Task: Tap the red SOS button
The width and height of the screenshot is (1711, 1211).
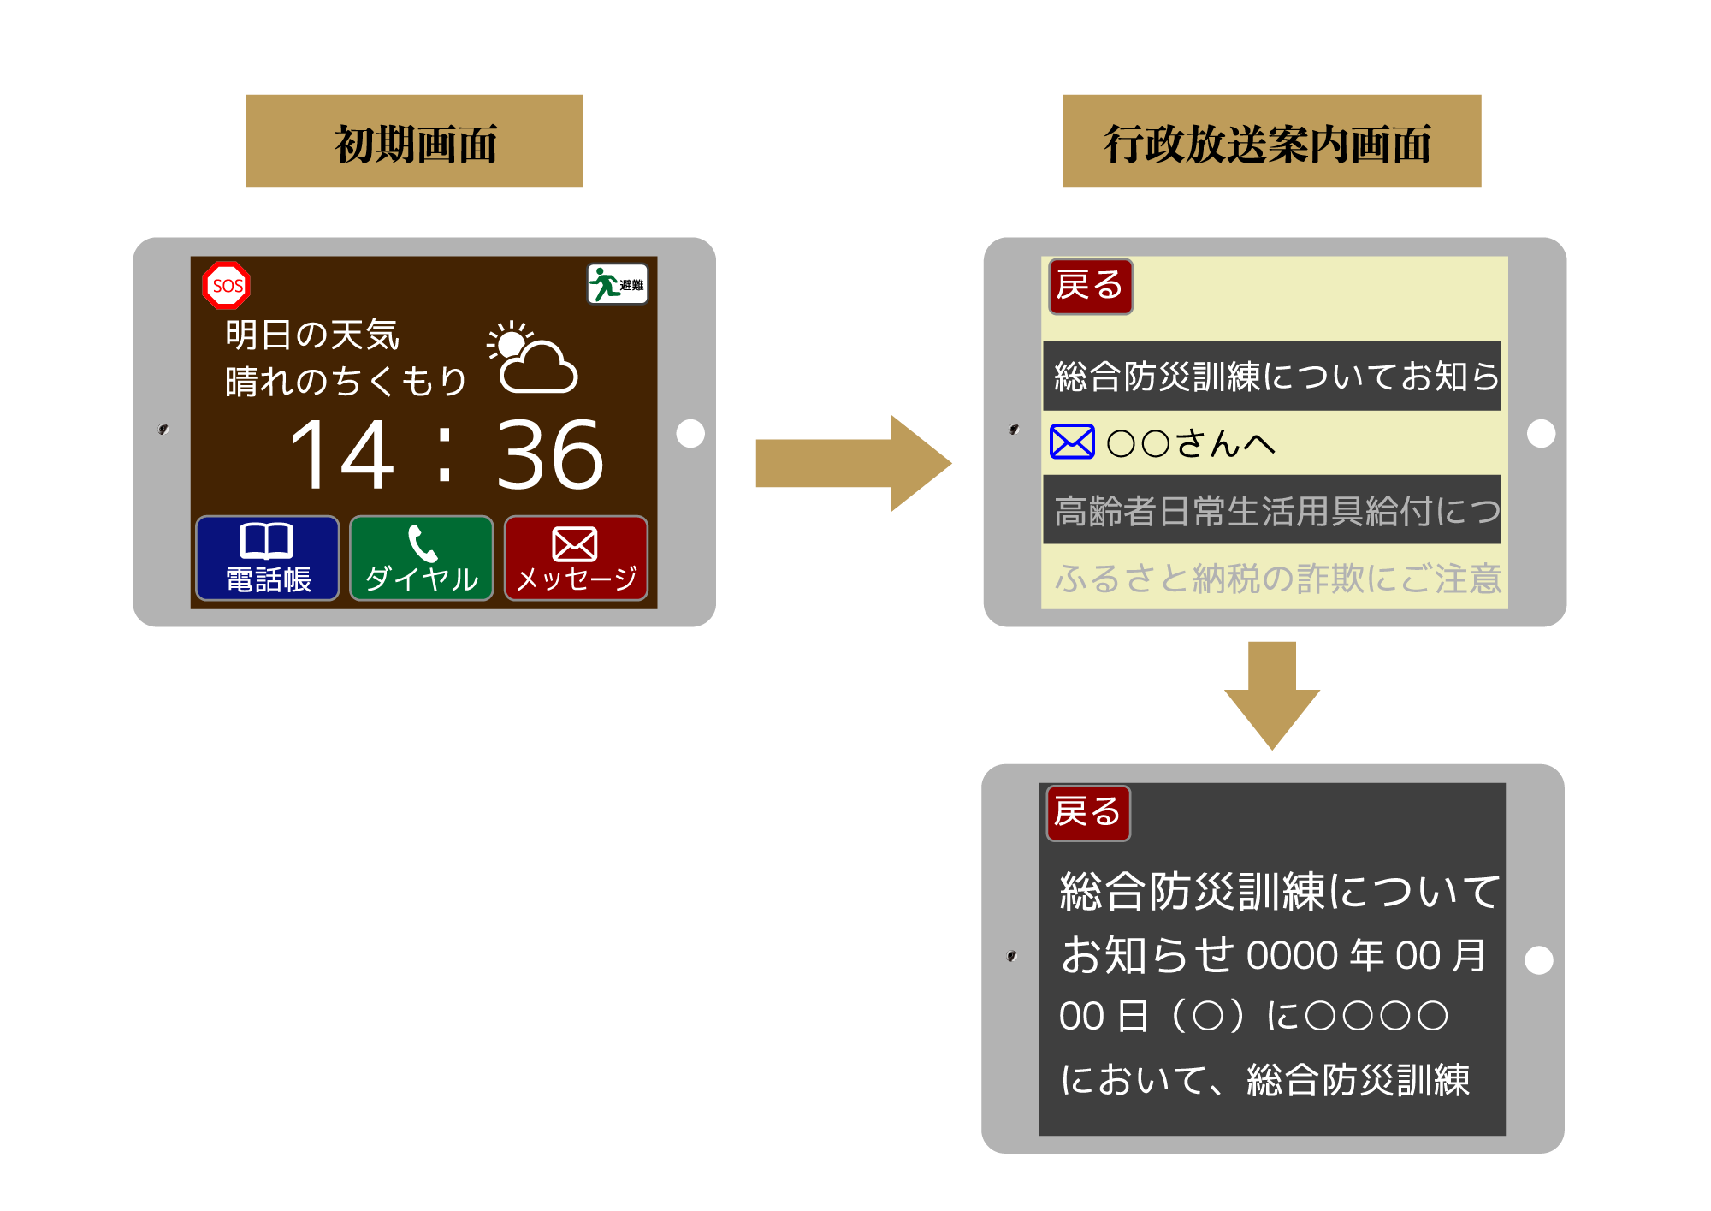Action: pos(227,285)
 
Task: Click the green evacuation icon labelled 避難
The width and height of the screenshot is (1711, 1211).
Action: pos(618,284)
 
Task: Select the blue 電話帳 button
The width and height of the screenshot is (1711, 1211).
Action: pos(268,558)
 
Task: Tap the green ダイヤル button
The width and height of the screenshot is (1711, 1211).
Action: pos(422,558)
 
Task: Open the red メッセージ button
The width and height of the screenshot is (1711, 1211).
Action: pos(576,558)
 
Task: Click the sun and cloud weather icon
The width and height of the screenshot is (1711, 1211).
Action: pos(532,357)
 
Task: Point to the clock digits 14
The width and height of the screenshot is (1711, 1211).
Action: pos(343,455)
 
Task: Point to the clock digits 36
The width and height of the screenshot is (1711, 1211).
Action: pos(550,455)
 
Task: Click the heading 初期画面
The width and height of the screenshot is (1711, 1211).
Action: pos(415,142)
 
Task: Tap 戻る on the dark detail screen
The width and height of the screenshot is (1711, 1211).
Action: pos(1088,813)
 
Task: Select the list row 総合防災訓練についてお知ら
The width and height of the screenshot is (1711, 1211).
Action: pos(1272,376)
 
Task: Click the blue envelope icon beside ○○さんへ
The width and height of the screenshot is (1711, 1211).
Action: pos(1072,442)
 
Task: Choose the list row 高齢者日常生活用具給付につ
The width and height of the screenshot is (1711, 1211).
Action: pos(1272,509)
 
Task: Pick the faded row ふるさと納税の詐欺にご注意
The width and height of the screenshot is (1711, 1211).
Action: pos(1277,579)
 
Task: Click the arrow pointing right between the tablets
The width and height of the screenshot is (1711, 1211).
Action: pos(854,463)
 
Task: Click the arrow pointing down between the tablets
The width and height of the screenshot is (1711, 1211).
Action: pos(1272,696)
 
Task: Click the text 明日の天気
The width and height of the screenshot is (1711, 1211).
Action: pos(312,335)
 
